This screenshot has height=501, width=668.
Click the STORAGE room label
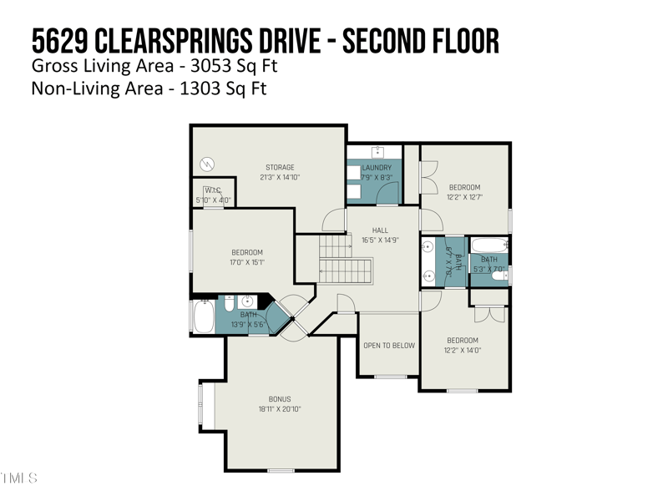[280, 168]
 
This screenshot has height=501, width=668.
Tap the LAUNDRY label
[377, 168]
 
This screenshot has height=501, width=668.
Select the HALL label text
[380, 230]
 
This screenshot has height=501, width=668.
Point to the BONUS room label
[280, 399]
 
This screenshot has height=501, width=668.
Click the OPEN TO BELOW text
[388, 345]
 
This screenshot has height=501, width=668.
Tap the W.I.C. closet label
[212, 190]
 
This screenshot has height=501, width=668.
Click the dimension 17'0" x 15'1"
[247, 262]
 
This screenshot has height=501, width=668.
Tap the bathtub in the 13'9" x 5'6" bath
[203, 317]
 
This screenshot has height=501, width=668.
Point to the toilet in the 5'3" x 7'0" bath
[499, 276]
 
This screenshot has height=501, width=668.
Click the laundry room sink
[376, 152]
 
